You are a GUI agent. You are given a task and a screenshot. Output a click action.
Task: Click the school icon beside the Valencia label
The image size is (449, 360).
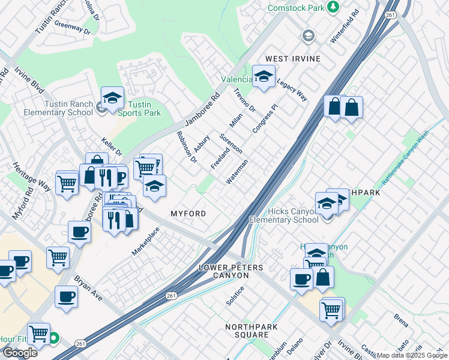[263, 77]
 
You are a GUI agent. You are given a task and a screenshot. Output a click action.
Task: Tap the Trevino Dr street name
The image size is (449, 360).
[244, 101]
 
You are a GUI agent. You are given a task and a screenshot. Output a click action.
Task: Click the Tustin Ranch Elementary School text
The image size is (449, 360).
[58, 108]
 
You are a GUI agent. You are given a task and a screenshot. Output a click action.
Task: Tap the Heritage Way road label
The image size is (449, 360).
[33, 175]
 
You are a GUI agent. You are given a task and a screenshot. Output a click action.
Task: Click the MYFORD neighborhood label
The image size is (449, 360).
[188, 214]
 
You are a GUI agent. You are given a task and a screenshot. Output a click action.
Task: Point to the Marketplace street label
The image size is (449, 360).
[146, 241]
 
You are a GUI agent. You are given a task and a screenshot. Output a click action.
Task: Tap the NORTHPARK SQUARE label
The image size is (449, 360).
[247, 331]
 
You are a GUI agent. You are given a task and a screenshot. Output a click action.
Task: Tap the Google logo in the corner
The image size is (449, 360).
[20, 352]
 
